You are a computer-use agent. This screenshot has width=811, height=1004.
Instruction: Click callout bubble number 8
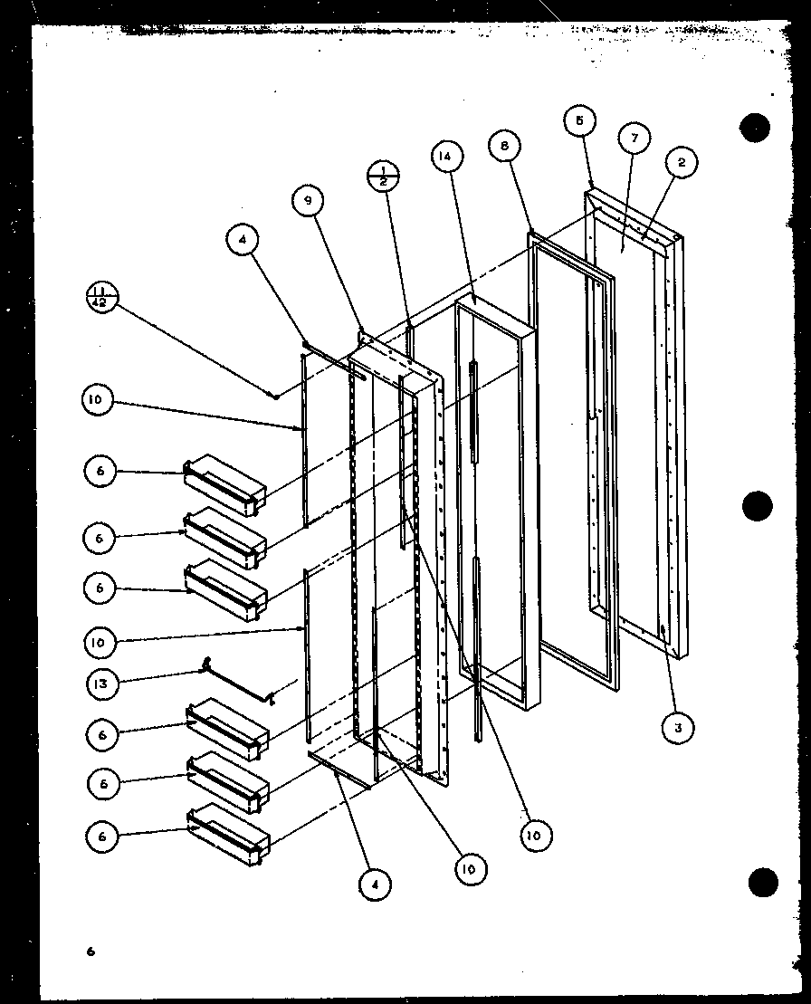504,145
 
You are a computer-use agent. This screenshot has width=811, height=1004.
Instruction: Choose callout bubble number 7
634,139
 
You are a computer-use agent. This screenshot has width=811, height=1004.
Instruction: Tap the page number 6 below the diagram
91,951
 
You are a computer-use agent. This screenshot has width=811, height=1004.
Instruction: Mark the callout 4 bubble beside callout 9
243,241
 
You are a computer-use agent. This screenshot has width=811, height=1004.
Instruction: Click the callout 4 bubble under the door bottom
373,883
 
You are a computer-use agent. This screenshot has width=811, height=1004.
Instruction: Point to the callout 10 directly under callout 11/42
98,401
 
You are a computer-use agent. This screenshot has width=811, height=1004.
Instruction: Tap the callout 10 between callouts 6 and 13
99,643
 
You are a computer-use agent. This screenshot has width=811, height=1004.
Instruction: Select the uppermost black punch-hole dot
754,128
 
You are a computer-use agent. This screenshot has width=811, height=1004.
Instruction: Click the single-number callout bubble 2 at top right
681,163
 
